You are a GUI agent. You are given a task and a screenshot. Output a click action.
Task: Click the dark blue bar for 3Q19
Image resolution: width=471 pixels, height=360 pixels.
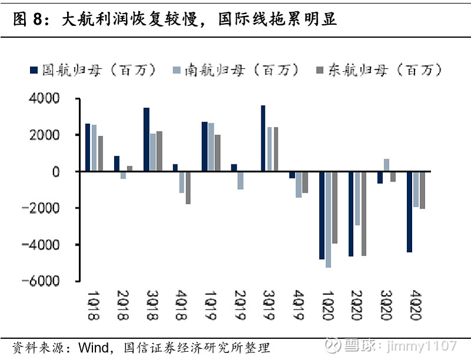(x=263, y=138)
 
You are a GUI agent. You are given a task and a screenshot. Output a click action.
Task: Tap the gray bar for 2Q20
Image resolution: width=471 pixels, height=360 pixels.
(x=363, y=213)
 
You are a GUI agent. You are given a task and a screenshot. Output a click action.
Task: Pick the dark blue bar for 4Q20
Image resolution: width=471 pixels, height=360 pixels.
(x=409, y=212)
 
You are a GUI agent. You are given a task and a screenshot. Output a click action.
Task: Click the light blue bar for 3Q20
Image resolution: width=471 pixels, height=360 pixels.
(x=386, y=165)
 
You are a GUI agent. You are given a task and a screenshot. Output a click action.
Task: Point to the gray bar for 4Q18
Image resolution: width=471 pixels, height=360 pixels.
(x=188, y=187)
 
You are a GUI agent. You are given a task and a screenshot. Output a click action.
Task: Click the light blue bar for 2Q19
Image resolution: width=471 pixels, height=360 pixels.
(x=240, y=180)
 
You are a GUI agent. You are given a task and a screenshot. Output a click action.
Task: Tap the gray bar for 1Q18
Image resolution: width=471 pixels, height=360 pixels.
(x=100, y=154)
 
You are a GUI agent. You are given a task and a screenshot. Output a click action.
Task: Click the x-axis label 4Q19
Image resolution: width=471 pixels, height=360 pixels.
(x=298, y=305)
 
